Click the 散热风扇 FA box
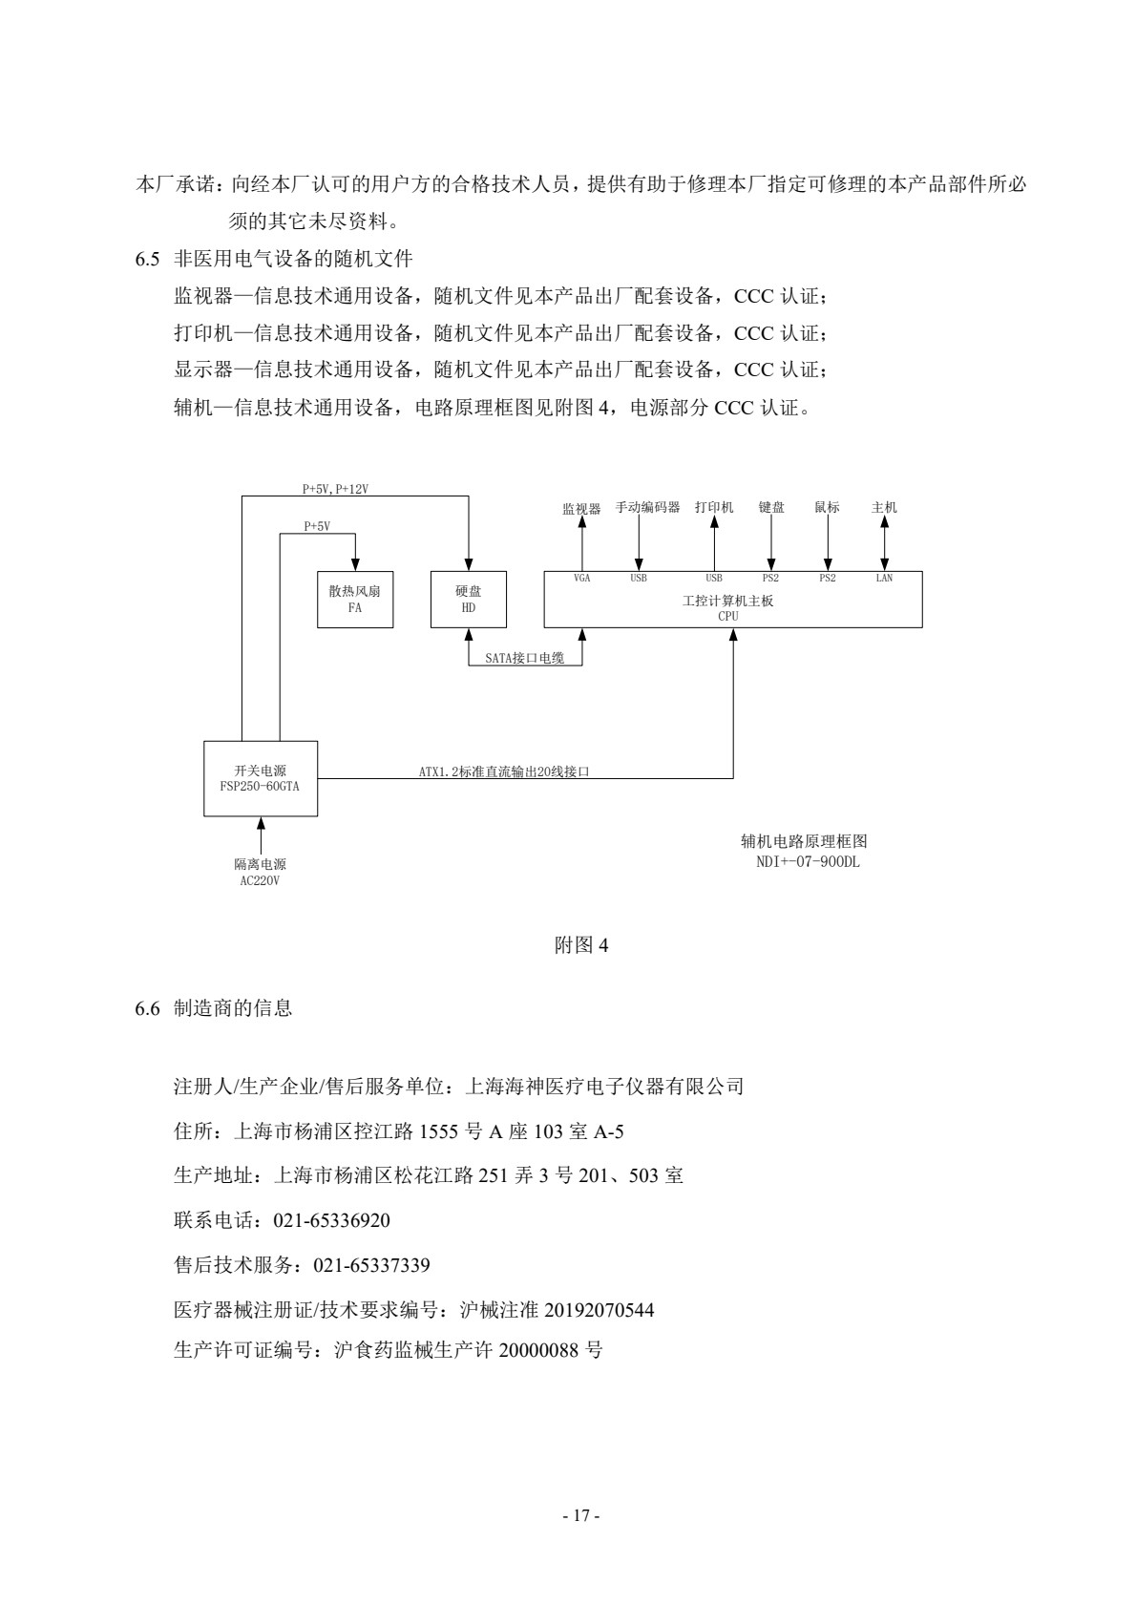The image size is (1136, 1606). tap(355, 599)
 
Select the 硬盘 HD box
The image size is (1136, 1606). tap(468, 599)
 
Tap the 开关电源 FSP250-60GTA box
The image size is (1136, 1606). tap(261, 778)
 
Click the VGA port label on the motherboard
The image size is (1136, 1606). tap(581, 579)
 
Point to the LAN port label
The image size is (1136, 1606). tap(884, 579)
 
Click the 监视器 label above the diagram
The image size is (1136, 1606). tap(581, 509)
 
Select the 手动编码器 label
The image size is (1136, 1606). tap(647, 508)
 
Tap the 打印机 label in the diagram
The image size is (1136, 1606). tap(714, 508)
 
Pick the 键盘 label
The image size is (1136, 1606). tap(771, 508)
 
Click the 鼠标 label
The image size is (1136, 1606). tap(827, 508)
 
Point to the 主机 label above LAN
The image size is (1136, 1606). tap(884, 508)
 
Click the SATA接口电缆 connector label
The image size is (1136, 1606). tap(524, 658)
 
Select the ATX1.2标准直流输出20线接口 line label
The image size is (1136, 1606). tap(504, 771)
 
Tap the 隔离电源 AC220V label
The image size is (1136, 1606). tap(260, 872)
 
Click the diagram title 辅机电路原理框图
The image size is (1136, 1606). tap(803, 842)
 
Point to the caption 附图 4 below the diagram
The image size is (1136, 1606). tap(581, 945)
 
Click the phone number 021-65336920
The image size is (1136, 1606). tap(331, 1220)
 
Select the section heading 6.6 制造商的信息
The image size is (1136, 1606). tap(214, 1008)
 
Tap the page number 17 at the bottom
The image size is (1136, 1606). tap(580, 1515)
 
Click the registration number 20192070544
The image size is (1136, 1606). tap(599, 1310)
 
